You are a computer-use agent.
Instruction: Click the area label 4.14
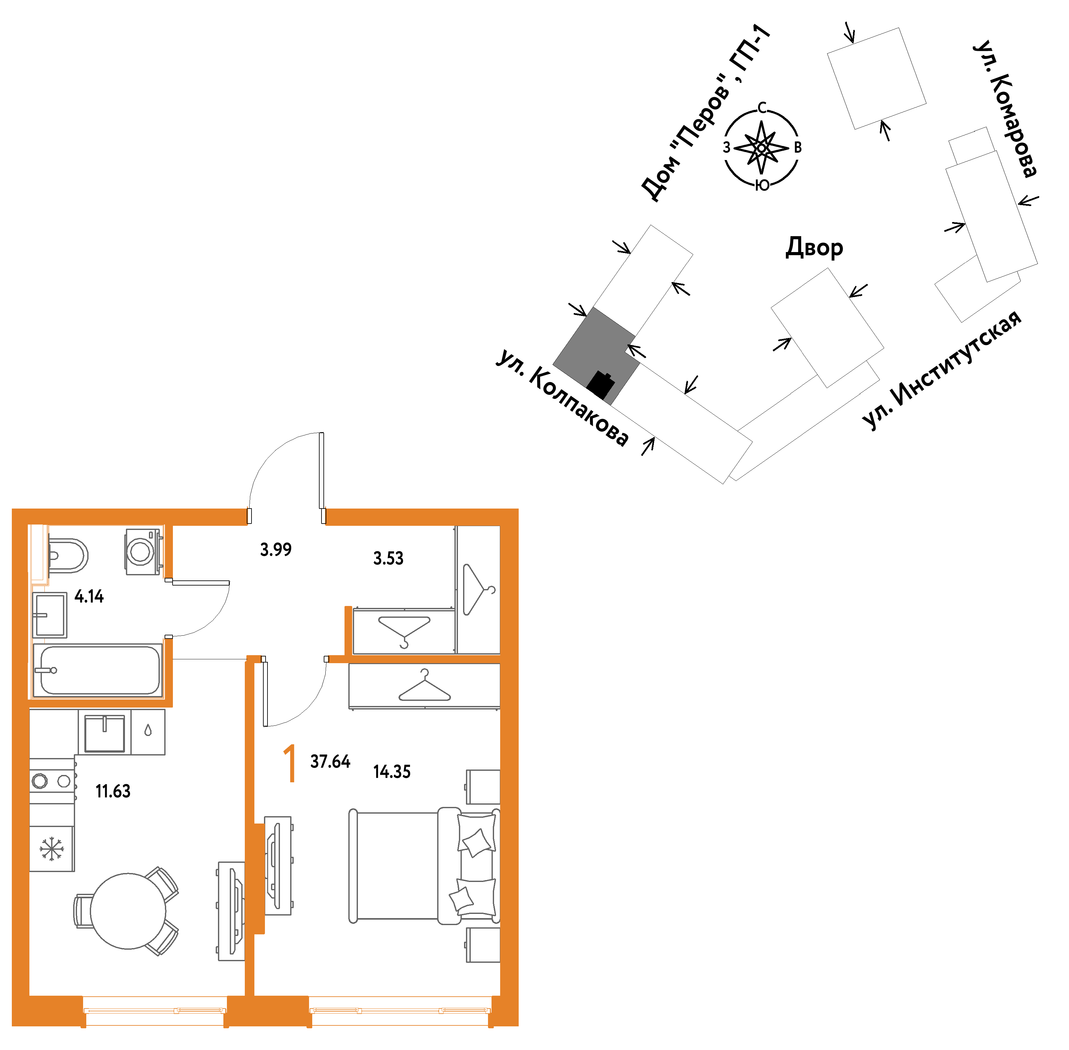click(89, 596)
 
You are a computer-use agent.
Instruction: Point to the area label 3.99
click(276, 549)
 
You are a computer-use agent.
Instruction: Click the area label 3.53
click(388, 558)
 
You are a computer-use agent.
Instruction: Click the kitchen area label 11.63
click(113, 791)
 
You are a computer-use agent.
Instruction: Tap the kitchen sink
click(104, 732)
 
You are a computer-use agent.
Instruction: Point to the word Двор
click(814, 248)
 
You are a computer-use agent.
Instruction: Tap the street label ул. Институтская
click(941, 370)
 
